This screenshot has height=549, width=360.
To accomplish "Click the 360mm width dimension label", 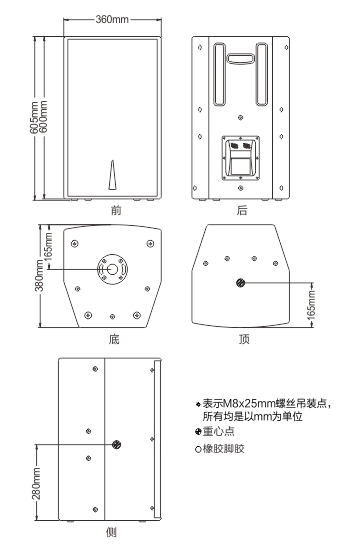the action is tap(112, 19).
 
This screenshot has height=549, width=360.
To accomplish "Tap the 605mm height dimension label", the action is tap(34, 118).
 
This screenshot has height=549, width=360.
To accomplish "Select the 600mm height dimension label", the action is tap(43, 117).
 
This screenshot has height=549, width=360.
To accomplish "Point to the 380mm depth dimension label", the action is tap(39, 275).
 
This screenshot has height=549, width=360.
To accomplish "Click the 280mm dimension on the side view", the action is tap(36, 483).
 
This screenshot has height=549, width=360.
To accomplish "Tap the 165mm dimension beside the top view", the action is tap(311, 304).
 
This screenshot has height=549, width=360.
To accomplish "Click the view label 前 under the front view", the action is tap(116, 210).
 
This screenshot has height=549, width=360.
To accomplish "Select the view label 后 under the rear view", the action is tap(242, 210).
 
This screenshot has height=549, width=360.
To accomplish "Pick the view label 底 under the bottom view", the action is tap(114, 339).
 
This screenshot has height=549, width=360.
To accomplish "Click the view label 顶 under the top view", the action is tap(244, 339).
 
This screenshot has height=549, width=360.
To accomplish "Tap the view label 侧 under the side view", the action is tap(111, 533).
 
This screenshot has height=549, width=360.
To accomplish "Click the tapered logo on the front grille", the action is tap(112, 175).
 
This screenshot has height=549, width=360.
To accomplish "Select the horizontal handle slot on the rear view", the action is tap(240, 58).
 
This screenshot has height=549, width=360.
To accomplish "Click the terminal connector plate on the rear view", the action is tap(240, 158).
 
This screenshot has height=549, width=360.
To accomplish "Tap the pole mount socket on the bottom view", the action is tap(112, 269).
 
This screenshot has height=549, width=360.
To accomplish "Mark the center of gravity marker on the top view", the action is tap(241, 282).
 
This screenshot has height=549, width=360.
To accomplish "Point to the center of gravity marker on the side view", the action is tap(116, 445).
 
